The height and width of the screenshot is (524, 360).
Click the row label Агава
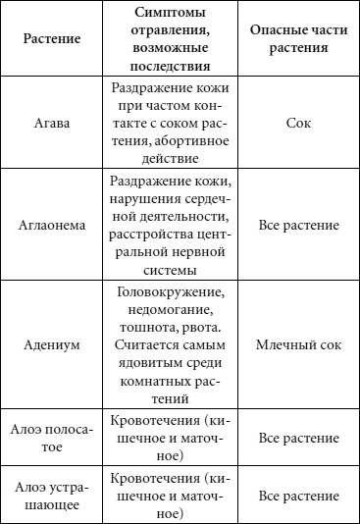tap(50, 126)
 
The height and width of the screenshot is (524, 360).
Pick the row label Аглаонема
tap(50, 225)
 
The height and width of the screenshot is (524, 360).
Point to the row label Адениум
tap(50, 345)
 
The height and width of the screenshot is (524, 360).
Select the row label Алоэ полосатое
tap(50, 439)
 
